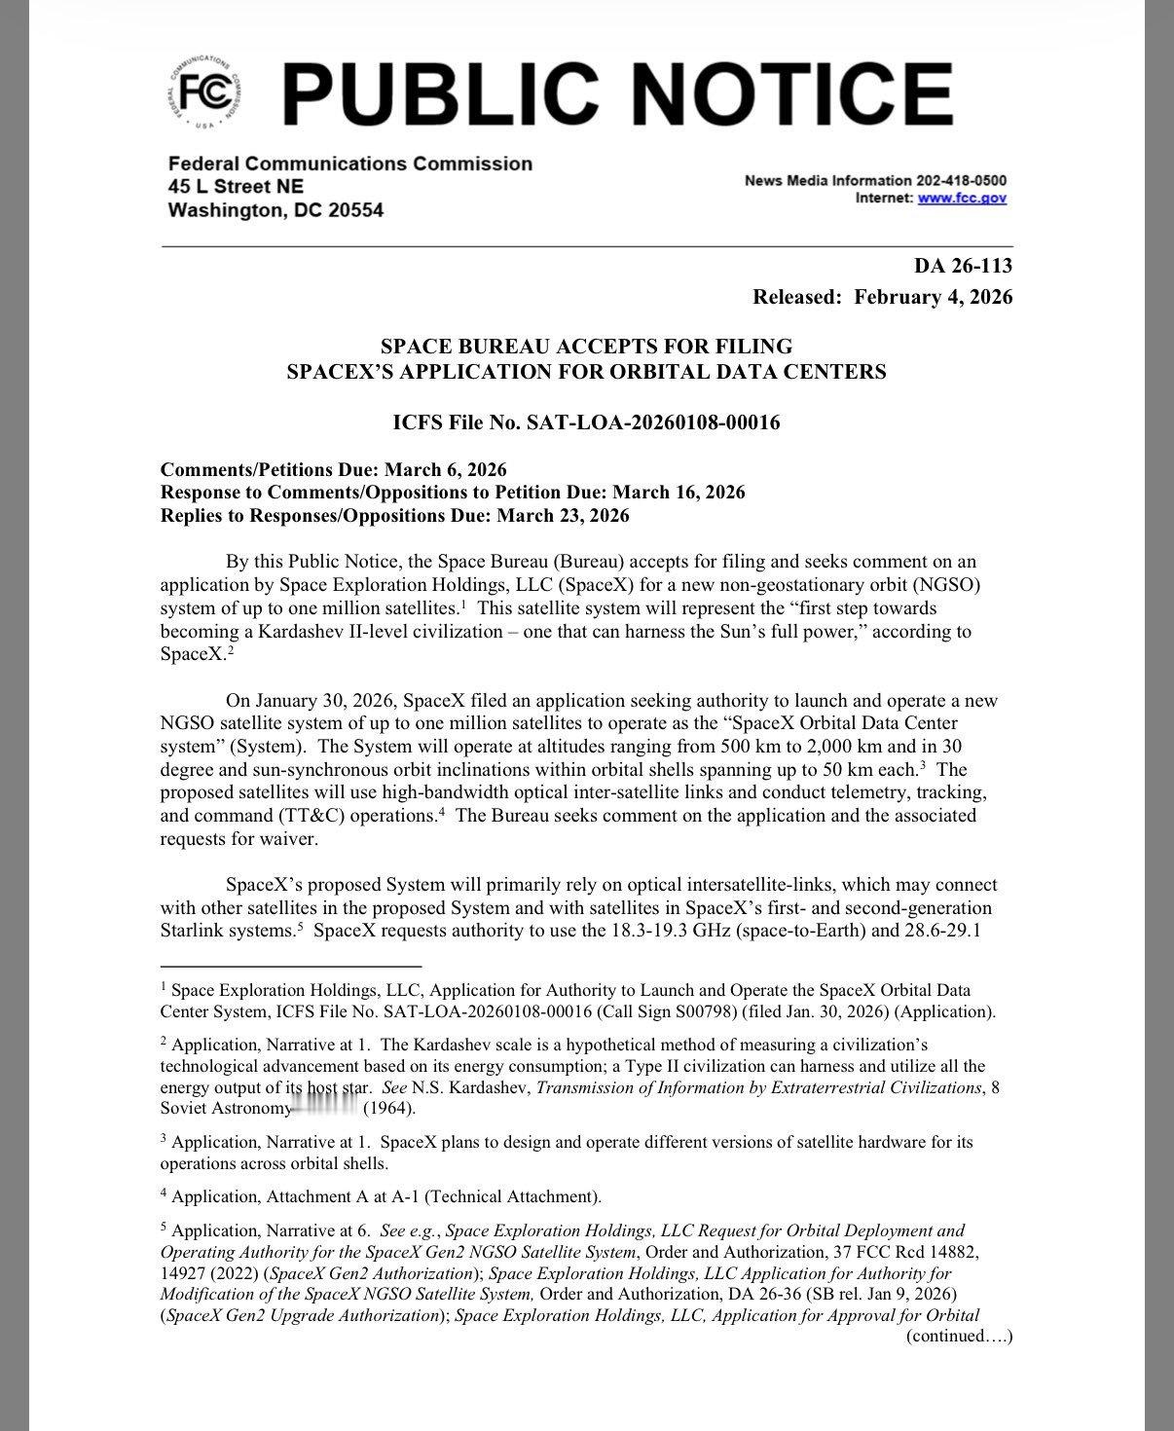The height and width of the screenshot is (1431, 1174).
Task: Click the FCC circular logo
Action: pos(203,94)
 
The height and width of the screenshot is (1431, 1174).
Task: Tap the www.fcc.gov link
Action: pos(962,198)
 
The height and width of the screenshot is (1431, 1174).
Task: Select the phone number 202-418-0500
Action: pos(961,180)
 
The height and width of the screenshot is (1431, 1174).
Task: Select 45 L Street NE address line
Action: pos(236,186)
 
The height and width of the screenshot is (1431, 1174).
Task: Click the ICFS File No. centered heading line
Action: pos(585,422)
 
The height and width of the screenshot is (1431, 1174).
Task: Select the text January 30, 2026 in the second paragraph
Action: pos(330,701)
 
